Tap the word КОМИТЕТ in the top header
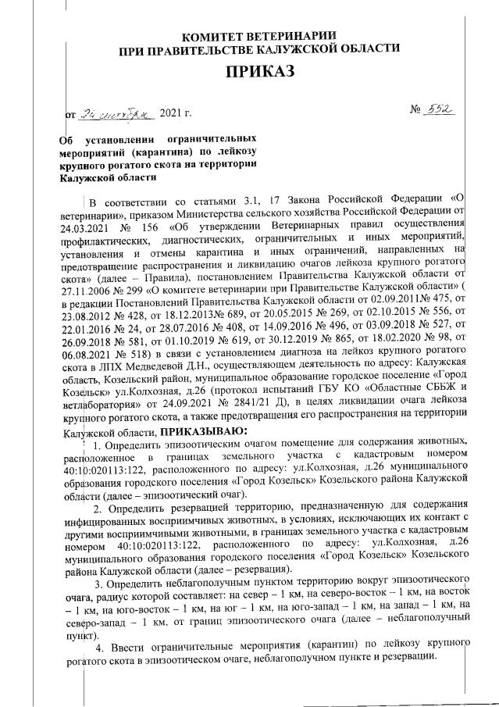point(219,37)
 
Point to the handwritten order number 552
point(441,112)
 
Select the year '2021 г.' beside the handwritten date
point(175,114)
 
